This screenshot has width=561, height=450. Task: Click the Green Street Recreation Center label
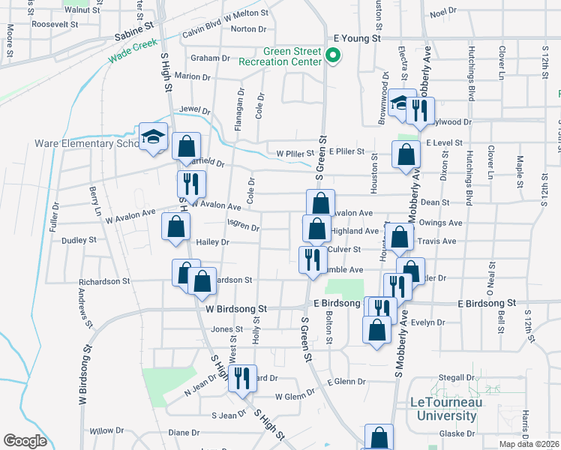280,56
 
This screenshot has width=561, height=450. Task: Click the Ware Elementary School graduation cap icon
153,136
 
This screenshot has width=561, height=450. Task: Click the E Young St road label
358,37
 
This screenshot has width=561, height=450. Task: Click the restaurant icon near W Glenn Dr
242,377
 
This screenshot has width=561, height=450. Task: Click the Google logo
25,441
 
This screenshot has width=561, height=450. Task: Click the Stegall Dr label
459,377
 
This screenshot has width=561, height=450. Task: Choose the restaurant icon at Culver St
310,259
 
